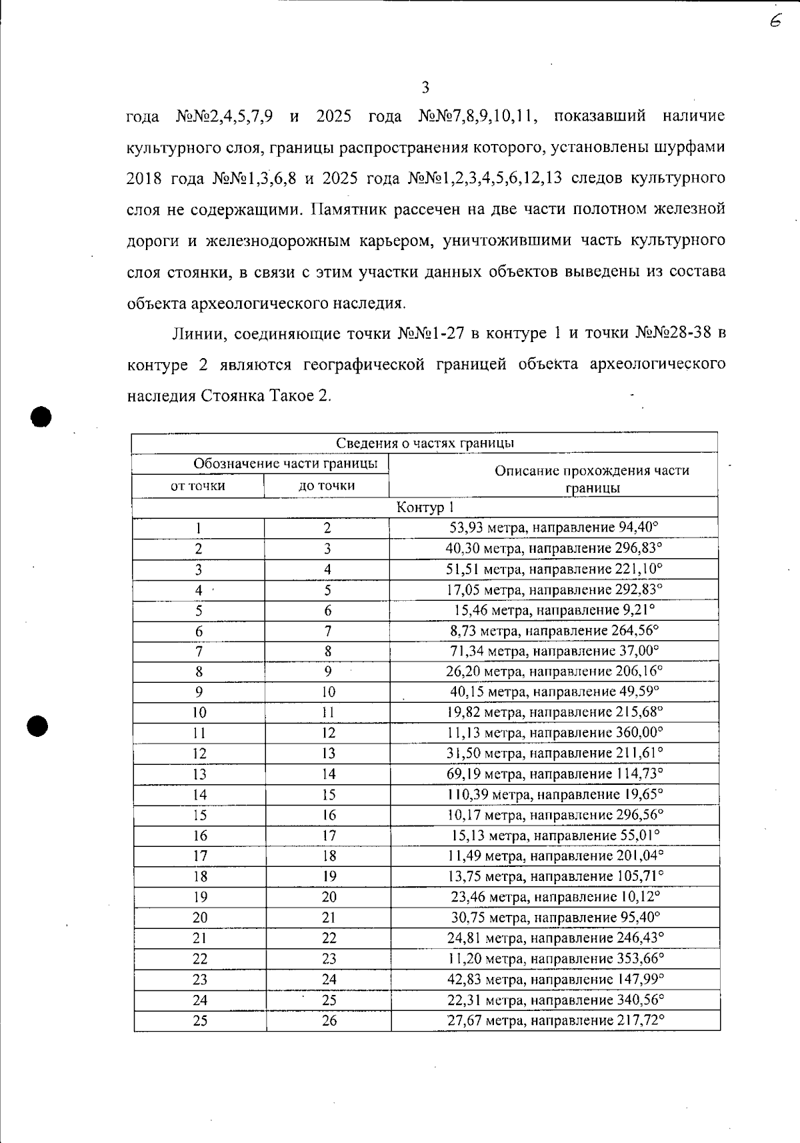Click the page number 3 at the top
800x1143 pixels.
tap(425, 87)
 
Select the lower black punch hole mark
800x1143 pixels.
tap(39, 726)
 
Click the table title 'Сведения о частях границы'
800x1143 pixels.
tap(424, 443)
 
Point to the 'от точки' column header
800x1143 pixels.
tap(198, 486)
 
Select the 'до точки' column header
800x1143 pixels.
tap(327, 486)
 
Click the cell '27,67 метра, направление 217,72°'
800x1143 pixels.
tap(555, 1020)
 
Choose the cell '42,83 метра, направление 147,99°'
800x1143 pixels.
tap(555, 979)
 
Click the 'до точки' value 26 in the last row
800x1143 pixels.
tap(329, 1021)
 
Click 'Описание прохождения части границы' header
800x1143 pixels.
tap(592, 478)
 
